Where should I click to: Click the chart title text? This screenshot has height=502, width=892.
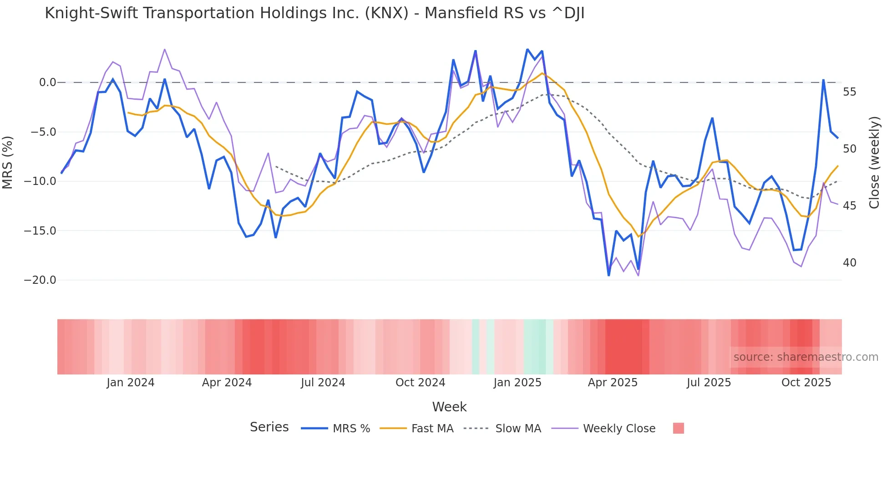[314, 13]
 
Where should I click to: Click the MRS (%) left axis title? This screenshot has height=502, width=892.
[8, 162]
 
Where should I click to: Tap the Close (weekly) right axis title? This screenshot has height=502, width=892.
[874, 162]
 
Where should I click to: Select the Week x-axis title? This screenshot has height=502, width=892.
[449, 407]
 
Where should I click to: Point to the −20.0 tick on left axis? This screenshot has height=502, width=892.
[40, 280]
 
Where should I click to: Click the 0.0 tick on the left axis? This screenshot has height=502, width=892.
[47, 82]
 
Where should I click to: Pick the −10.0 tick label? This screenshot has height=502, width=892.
[40, 181]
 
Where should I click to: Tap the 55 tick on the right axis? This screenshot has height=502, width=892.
[849, 92]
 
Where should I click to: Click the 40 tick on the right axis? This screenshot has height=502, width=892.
[849, 263]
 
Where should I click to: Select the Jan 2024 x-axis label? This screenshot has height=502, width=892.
[131, 383]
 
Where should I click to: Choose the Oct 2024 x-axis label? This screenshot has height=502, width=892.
[420, 383]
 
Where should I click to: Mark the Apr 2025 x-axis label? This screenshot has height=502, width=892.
[613, 383]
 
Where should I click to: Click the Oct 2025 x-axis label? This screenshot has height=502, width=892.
[806, 383]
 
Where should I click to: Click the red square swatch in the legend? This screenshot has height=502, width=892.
[678, 428]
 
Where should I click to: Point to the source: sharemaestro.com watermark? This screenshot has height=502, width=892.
[806, 357]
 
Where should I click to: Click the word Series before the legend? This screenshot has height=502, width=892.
[269, 427]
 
